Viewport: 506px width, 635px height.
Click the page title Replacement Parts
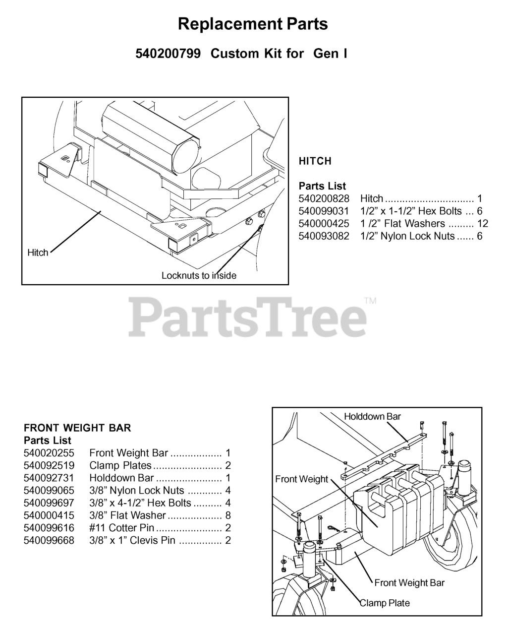tap(253, 24)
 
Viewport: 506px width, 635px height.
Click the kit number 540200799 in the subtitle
tap(168, 54)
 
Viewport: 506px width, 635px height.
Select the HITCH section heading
tap(315, 161)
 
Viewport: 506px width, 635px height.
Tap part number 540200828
tap(324, 199)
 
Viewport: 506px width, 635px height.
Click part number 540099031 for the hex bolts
tap(324, 211)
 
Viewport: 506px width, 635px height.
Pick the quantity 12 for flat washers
tap(482, 224)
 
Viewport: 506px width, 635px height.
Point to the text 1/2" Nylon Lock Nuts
tap(407, 236)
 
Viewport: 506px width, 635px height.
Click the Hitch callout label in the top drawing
tap(38, 253)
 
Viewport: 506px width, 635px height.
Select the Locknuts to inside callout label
tap(199, 275)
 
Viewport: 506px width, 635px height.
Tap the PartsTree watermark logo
tap(248, 316)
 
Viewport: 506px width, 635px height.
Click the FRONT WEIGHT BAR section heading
tap(77, 428)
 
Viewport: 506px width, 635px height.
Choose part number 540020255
tap(49, 453)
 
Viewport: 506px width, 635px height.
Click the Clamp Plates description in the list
tap(120, 465)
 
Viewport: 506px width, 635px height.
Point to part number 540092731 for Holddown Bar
tap(49, 478)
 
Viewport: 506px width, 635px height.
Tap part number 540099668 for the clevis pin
tap(49, 540)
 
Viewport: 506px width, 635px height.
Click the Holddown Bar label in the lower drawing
tap(372, 417)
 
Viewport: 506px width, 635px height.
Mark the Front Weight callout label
tap(301, 479)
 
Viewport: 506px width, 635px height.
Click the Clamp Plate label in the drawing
tap(385, 603)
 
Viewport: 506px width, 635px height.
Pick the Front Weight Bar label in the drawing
tap(409, 583)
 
